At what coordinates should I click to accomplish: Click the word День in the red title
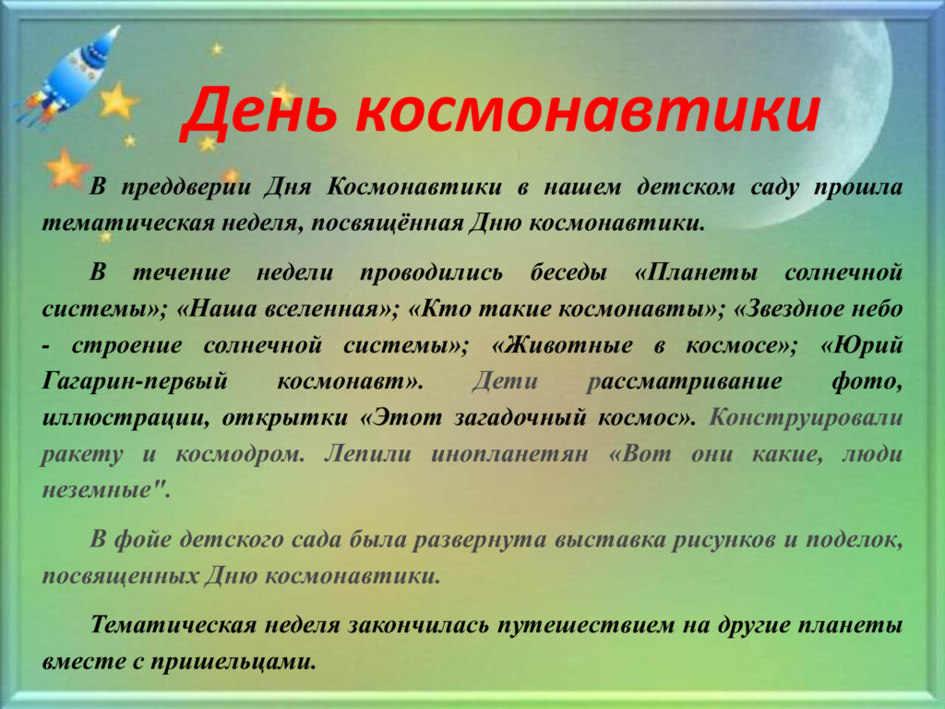[259, 112]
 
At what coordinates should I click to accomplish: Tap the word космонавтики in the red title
[588, 112]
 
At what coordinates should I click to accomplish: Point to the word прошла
[858, 187]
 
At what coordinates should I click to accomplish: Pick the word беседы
[568, 273]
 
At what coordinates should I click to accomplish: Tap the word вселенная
[324, 309]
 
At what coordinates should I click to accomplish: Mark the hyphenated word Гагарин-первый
[135, 381]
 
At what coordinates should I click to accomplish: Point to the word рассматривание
[684, 382]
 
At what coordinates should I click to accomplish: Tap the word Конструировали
[806, 418]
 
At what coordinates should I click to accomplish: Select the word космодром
[240, 454]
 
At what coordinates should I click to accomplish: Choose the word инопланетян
[509, 454]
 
